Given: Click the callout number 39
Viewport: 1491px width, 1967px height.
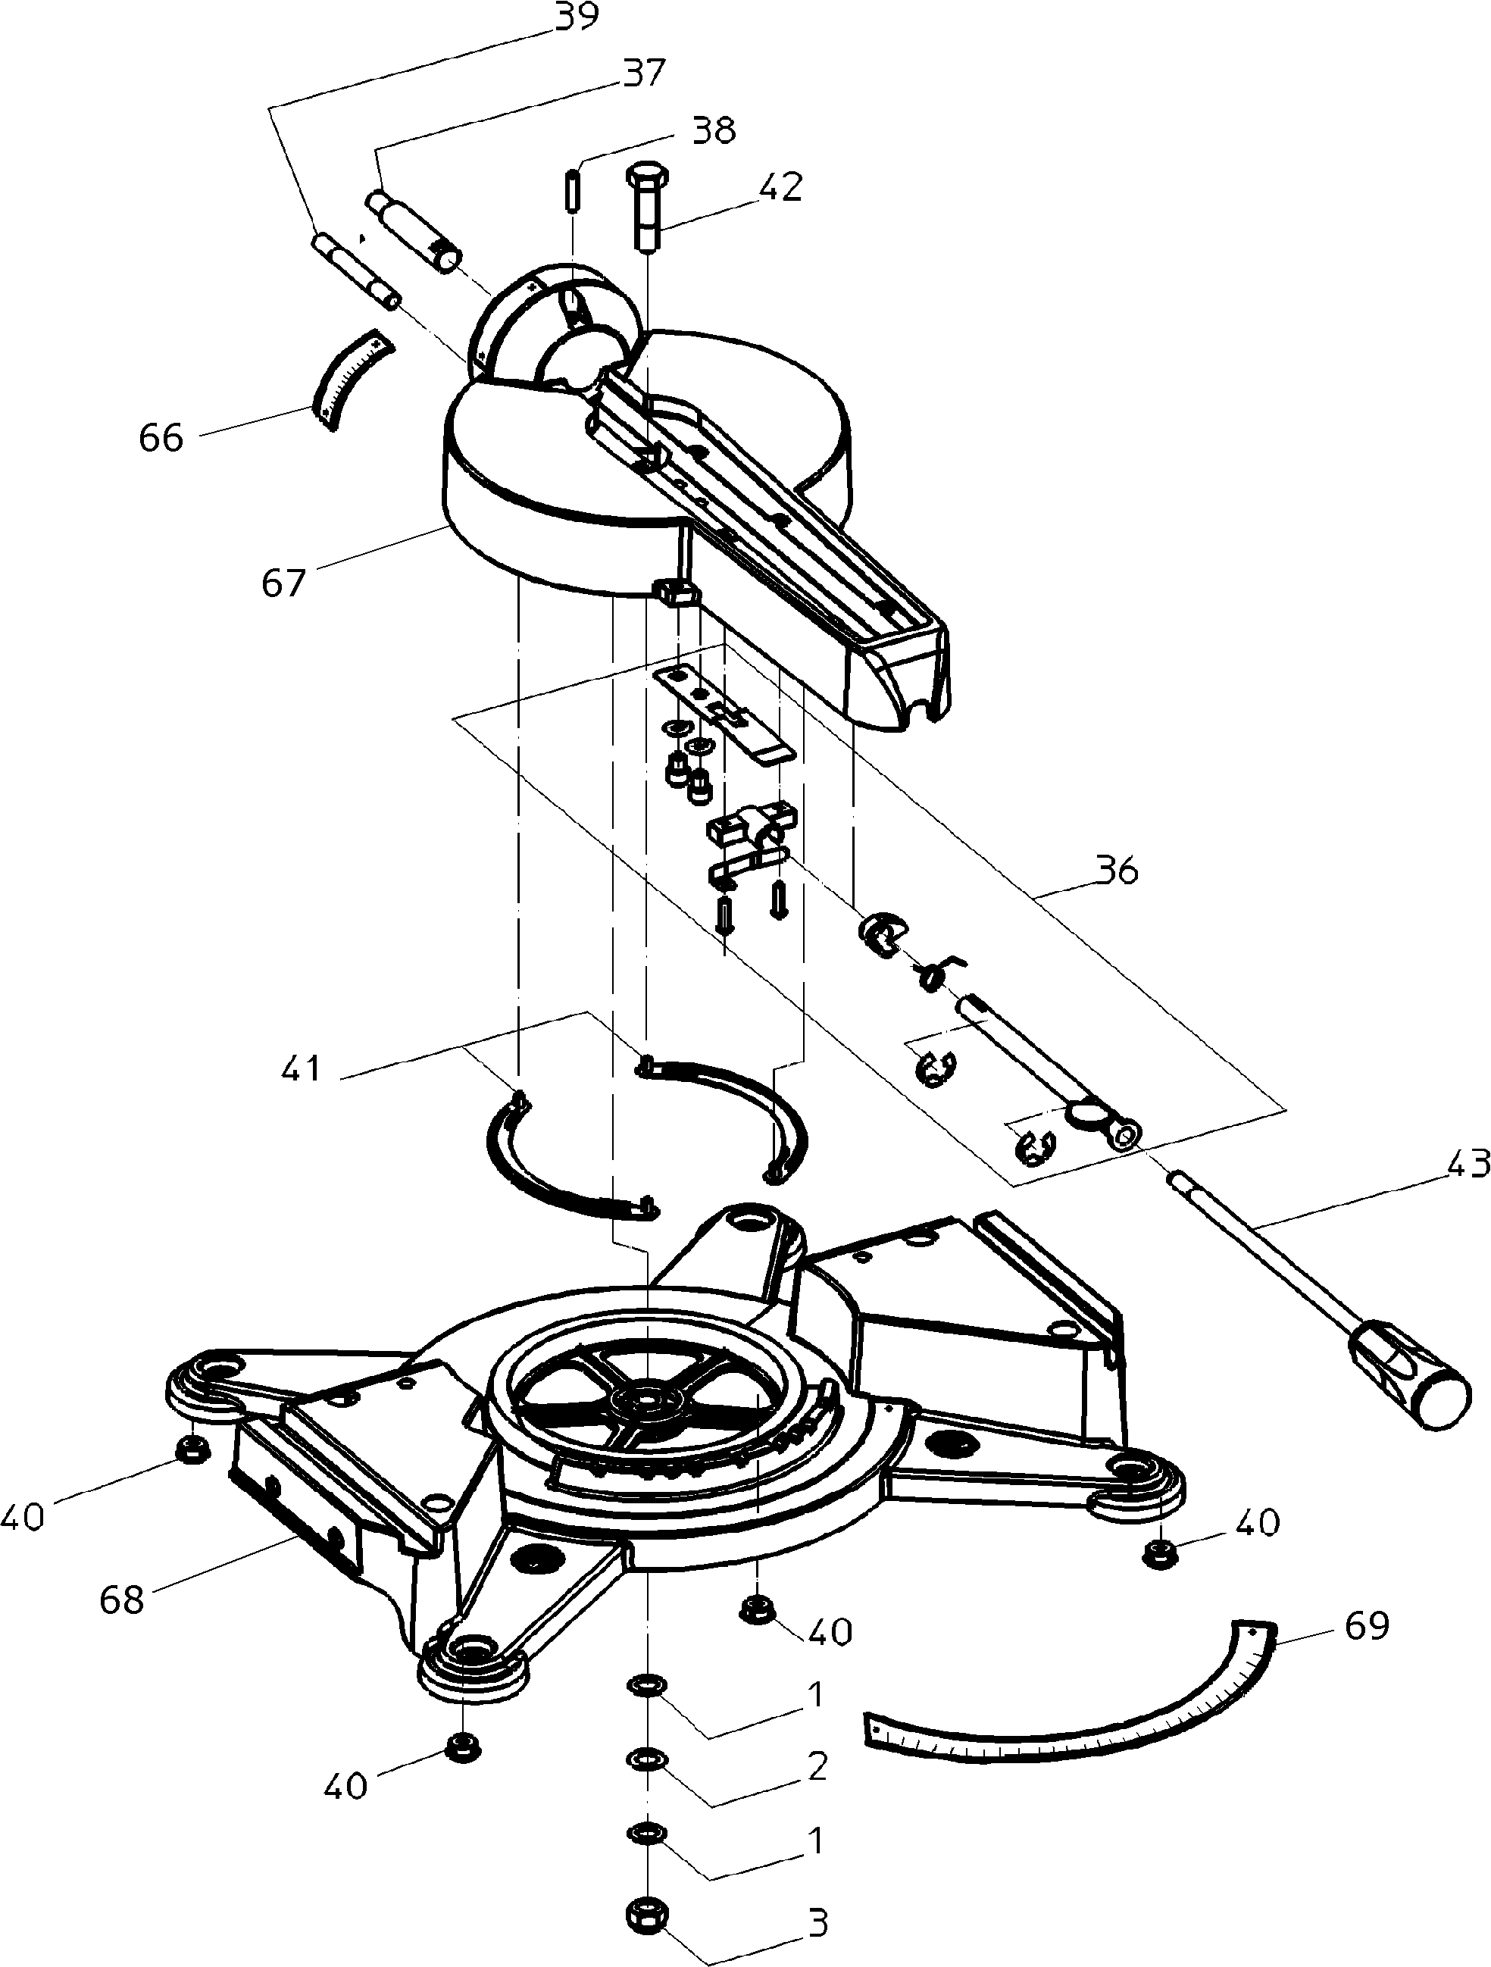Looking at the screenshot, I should (x=575, y=16).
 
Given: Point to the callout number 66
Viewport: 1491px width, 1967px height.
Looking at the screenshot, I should (x=161, y=439).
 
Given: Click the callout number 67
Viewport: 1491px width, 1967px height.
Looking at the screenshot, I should (x=283, y=583).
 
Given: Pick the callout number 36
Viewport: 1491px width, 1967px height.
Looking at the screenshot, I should (x=1117, y=871).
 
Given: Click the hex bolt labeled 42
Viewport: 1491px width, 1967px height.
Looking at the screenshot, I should (x=647, y=206).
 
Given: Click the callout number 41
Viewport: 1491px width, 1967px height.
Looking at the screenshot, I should (x=301, y=1068).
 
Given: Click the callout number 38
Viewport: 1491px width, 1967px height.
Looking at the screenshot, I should (x=713, y=131).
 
